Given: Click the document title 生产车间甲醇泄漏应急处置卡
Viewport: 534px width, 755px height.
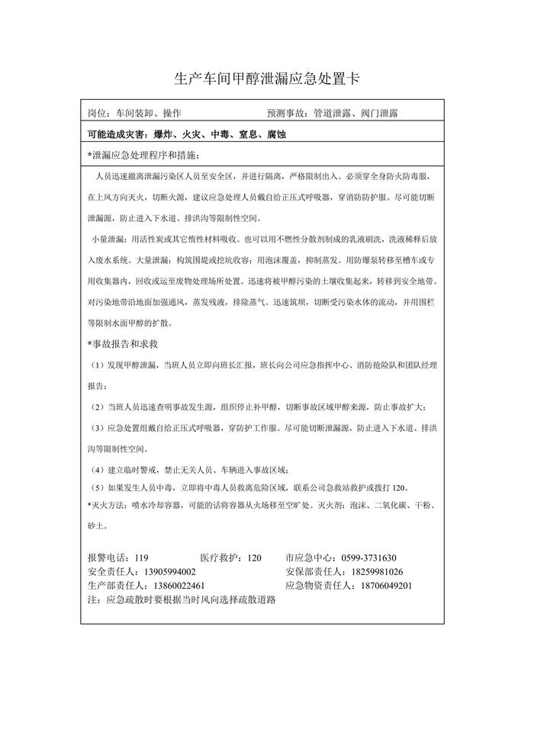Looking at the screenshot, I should pyautogui.click(x=267, y=79).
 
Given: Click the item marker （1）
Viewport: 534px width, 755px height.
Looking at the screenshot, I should pyautogui.click(x=99, y=365).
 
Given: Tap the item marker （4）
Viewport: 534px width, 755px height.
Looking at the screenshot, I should pyautogui.click(x=99, y=468).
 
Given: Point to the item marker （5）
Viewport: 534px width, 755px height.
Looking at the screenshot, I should pyautogui.click(x=99, y=487).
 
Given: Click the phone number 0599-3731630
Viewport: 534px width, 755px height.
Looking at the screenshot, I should pyautogui.click(x=372, y=558).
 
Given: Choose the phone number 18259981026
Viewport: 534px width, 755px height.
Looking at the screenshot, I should pyautogui.click(x=377, y=572).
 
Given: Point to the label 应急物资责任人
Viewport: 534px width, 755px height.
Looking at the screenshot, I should pyautogui.click(x=320, y=586).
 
